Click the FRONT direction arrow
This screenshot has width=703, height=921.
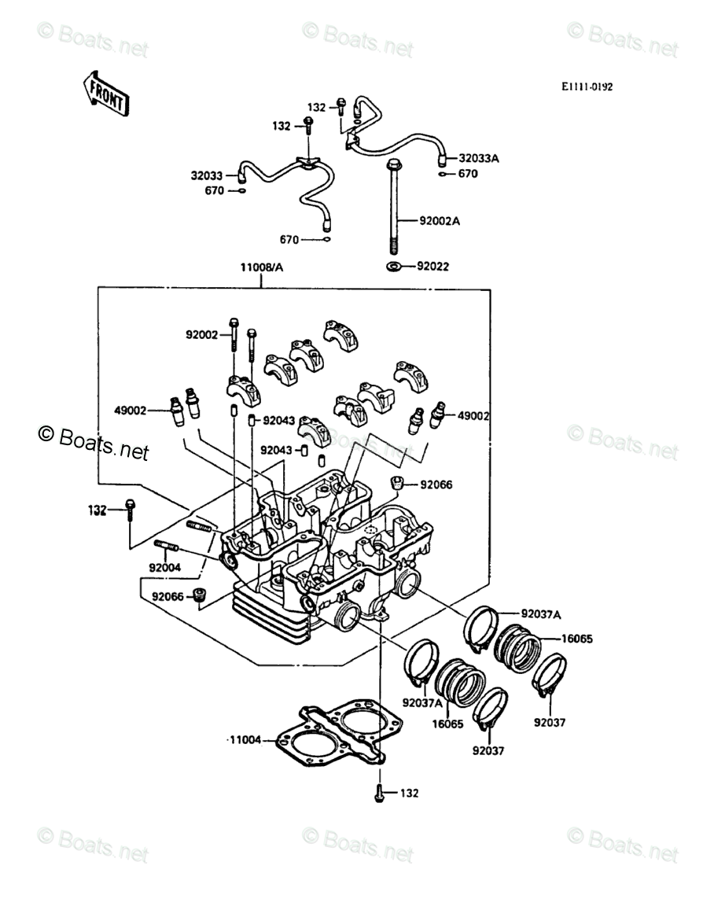point(105,94)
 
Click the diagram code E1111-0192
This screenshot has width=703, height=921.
point(587,87)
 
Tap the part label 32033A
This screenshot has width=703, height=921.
point(479,158)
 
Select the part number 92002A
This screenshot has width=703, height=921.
point(440,221)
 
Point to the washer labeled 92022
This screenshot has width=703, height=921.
point(393,267)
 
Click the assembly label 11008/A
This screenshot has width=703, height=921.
point(261,267)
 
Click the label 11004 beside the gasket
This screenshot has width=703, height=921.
point(245,740)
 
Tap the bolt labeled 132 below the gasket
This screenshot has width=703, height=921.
point(379,793)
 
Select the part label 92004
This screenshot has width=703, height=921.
point(165,568)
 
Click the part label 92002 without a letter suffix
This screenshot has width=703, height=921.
point(201,335)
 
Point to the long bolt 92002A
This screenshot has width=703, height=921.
point(394,205)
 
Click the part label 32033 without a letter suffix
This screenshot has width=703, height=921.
point(207,175)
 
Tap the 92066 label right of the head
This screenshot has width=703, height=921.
point(436,484)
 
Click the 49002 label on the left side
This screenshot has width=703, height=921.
point(130,411)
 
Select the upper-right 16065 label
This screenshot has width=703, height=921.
point(577,639)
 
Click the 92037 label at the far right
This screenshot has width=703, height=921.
point(550,723)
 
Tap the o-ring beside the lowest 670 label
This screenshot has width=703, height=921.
point(326,240)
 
